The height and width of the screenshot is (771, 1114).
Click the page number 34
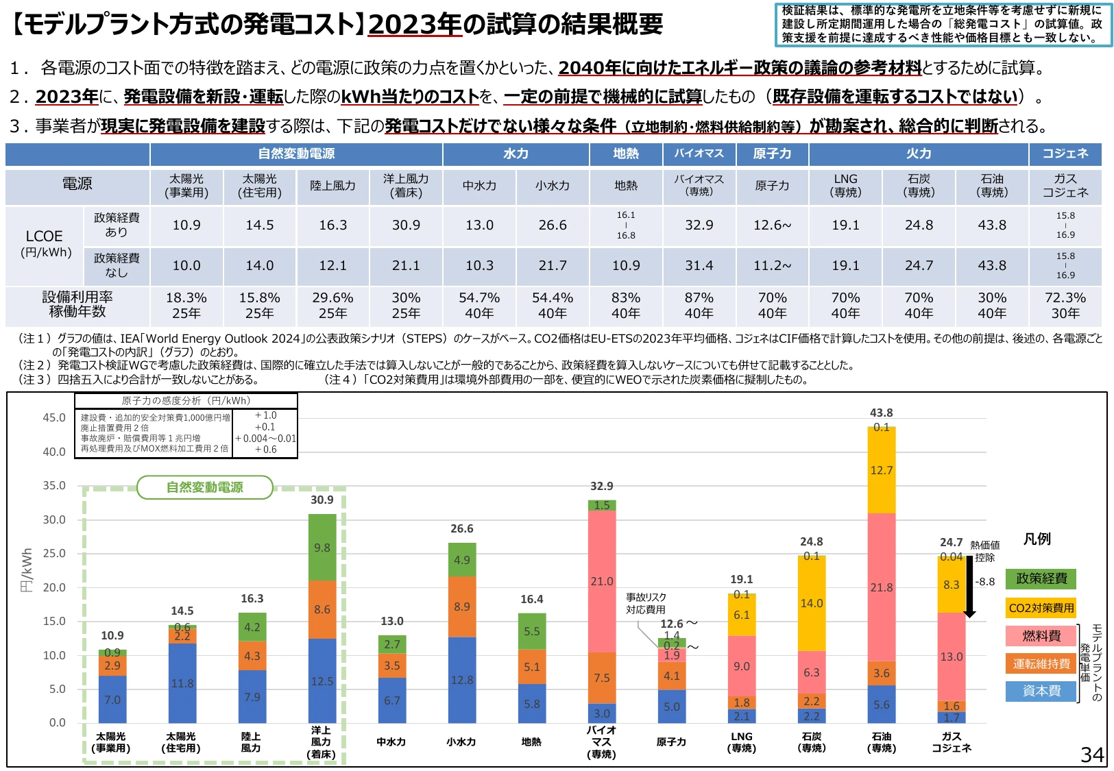coord(1092,755)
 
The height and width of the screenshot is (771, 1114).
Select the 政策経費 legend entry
coord(1041,578)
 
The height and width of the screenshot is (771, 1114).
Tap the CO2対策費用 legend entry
coord(1041,607)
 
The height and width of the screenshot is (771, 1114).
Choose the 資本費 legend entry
coord(1041,691)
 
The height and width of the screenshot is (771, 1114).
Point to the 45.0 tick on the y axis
coord(54,417)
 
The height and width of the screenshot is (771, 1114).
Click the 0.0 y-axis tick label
coord(57,722)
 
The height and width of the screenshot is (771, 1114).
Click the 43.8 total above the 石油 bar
coord(881,413)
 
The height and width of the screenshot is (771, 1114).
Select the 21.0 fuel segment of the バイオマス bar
coord(602,581)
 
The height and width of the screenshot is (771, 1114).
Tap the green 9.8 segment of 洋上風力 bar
coord(322,548)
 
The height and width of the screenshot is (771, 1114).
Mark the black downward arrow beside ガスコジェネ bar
coord(969,587)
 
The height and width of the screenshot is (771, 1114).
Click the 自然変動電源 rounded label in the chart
coord(205,487)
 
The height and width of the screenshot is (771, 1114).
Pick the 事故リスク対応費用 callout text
coord(646,603)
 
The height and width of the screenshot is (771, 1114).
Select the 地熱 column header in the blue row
coord(626,154)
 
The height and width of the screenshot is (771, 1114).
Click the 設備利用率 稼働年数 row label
coord(77,305)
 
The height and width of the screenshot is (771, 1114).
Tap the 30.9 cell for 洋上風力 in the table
coord(407,225)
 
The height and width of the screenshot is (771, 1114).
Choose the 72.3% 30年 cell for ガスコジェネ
coord(1065,305)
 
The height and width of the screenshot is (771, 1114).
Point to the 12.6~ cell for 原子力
coord(773,225)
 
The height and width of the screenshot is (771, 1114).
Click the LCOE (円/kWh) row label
coord(45,243)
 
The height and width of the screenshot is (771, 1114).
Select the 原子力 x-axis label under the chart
coord(671,742)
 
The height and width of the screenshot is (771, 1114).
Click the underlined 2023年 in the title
coord(415,24)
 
